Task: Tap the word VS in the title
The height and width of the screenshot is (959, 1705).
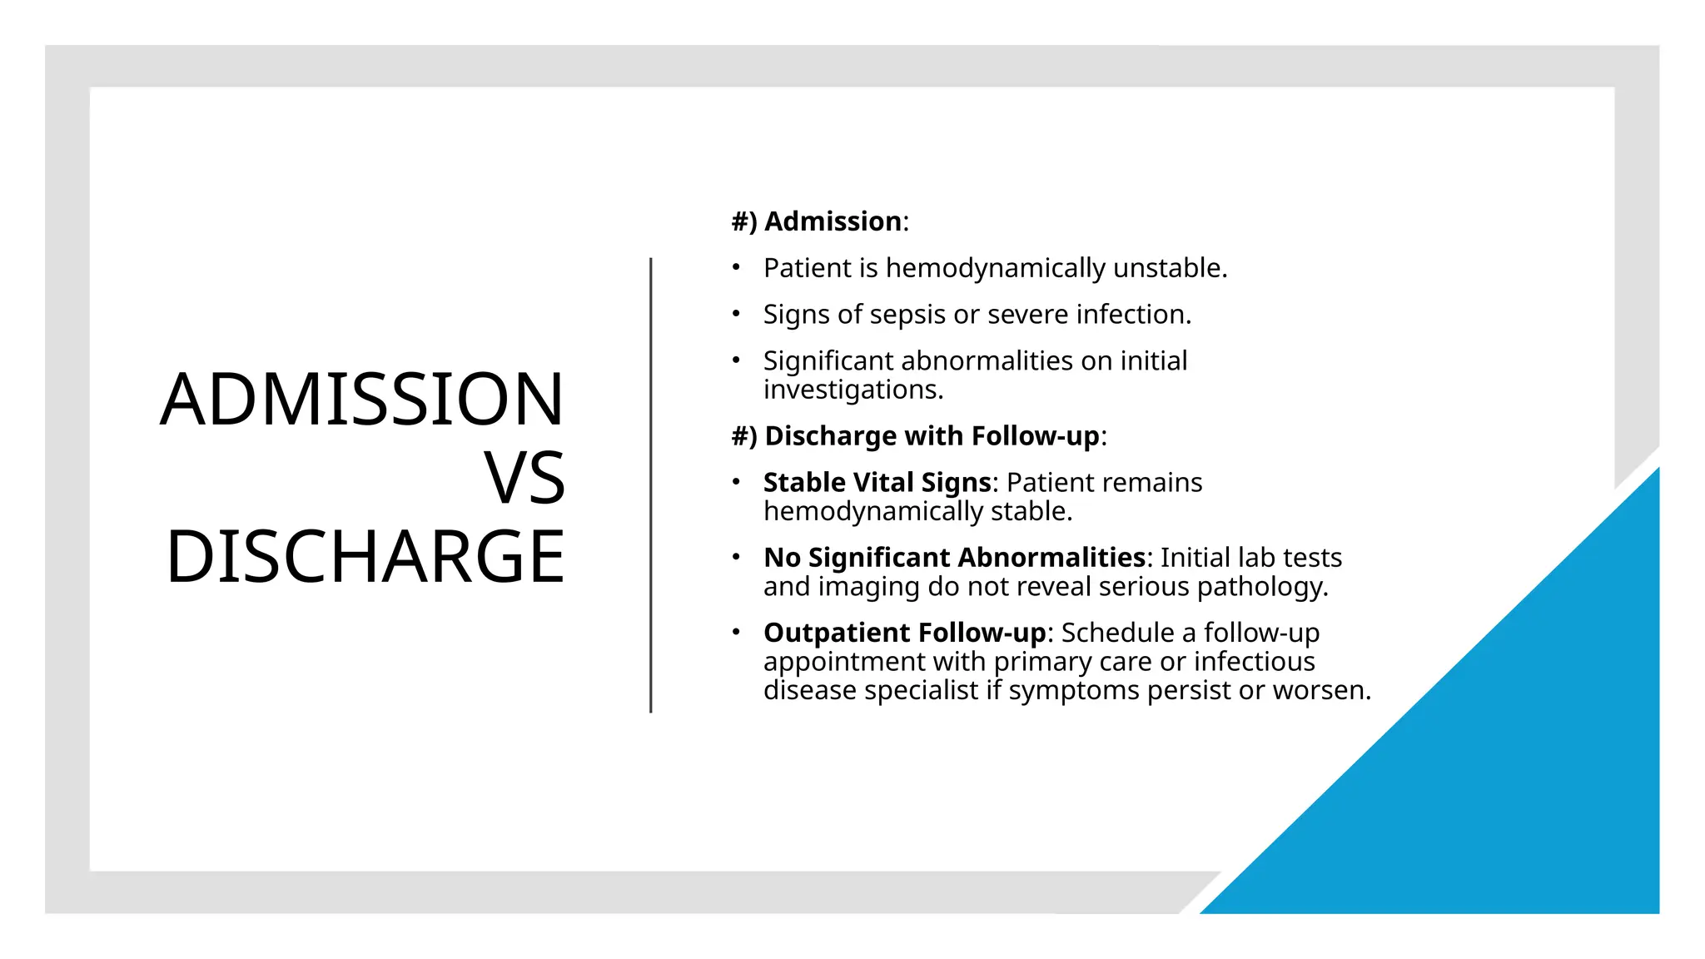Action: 524,478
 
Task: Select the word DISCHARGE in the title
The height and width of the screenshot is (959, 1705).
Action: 365,556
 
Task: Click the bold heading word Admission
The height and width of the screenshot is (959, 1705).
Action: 833,221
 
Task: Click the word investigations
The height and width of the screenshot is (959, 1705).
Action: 852,390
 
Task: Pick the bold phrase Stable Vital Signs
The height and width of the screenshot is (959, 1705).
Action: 877,483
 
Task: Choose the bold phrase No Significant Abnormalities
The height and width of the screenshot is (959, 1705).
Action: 954,558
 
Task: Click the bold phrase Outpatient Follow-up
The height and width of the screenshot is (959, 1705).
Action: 904,633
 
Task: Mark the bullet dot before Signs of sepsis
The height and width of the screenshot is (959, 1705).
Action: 736,314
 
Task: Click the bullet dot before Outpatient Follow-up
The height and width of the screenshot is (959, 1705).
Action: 736,632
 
